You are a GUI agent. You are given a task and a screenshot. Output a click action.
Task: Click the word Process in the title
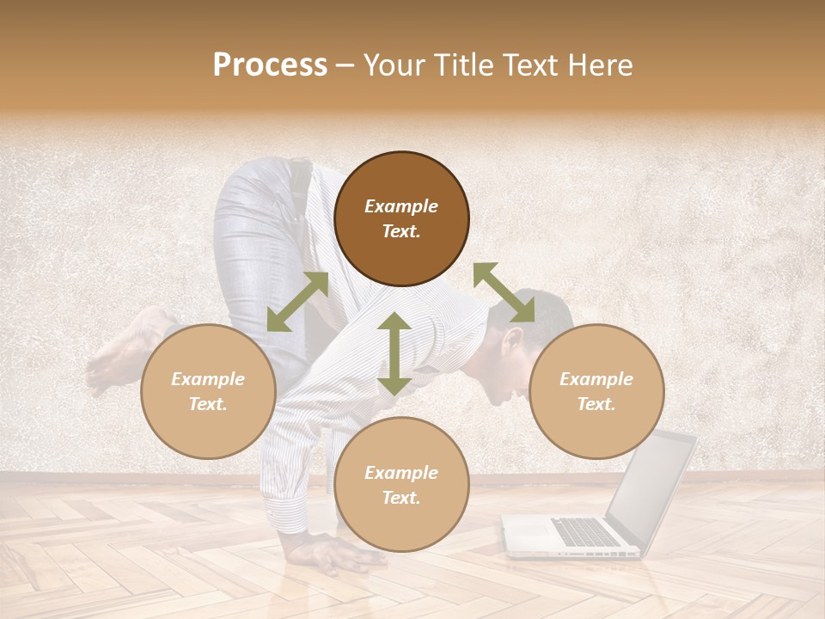click(270, 65)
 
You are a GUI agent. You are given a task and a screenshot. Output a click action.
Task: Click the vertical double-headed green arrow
click(394, 353)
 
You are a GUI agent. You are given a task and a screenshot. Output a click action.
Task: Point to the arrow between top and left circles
click(297, 302)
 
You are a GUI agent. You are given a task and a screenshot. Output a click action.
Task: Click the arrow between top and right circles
click(504, 292)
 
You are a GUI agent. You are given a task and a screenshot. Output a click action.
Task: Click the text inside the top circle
click(401, 218)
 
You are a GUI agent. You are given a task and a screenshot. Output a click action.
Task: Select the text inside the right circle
click(596, 391)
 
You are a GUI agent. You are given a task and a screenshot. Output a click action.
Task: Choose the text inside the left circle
click(208, 391)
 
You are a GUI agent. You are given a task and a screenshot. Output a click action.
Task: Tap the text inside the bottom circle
click(401, 485)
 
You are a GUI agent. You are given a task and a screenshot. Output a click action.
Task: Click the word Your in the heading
click(395, 65)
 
